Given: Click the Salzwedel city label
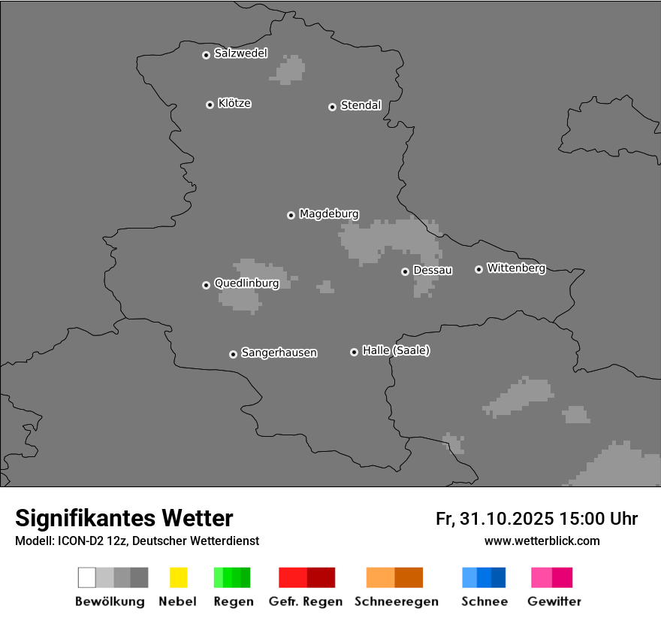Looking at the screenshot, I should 240,53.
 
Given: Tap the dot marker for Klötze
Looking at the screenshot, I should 210,105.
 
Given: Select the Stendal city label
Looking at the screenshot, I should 361,105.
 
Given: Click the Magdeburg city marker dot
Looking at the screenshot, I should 291,215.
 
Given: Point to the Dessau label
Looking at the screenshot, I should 433,270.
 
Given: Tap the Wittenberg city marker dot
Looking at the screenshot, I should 478,269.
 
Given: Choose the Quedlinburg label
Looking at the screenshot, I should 246,283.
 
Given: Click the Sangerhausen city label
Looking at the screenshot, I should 279,353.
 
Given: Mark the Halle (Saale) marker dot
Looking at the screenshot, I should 354,352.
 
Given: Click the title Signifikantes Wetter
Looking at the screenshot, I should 124,518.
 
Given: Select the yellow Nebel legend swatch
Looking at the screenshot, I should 178,577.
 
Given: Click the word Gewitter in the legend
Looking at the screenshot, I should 554,601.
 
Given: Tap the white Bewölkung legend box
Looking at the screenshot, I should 87,577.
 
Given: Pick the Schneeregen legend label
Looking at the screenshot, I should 395,601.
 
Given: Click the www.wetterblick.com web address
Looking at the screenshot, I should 542,541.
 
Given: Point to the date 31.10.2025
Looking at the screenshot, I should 507,519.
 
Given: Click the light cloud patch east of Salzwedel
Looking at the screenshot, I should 290,69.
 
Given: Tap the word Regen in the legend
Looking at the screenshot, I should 233,601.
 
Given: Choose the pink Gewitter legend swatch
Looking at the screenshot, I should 542,577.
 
